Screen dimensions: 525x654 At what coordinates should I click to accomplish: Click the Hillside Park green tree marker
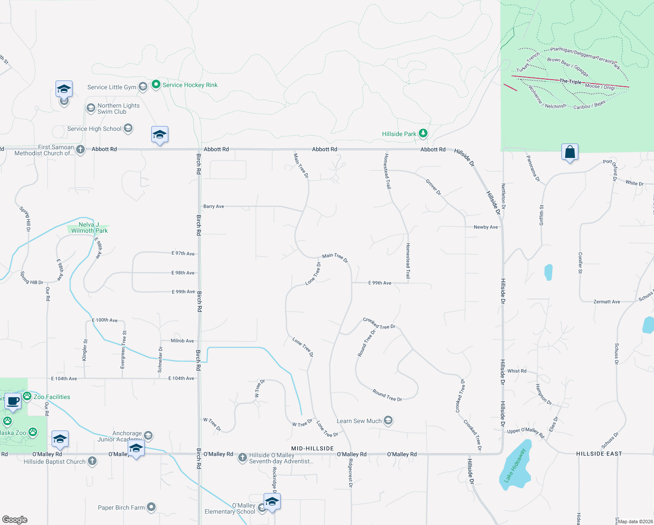coord(423,133)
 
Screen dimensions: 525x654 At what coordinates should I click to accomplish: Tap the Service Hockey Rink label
coord(190,85)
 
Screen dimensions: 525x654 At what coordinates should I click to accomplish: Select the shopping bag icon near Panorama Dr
coord(570,152)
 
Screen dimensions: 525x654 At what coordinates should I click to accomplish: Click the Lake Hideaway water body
coord(515,466)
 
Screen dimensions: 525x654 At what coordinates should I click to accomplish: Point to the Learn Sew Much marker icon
coord(388,421)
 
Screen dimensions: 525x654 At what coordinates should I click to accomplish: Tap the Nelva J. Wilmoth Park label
coord(89,227)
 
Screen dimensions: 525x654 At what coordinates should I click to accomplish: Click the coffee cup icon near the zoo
coord(13,401)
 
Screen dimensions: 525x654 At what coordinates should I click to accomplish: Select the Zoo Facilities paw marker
coord(27,396)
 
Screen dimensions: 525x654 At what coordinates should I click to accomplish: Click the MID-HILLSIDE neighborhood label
coord(313,448)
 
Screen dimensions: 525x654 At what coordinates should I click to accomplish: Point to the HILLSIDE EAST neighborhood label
coord(599,454)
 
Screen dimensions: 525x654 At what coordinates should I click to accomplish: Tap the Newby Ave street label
coord(486,227)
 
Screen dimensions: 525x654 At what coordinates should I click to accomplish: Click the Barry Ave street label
coord(213,206)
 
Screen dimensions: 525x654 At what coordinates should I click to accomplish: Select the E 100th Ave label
coord(104,320)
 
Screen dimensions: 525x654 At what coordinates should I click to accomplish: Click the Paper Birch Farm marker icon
coord(151,507)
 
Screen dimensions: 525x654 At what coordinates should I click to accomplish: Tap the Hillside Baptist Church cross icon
coord(92,461)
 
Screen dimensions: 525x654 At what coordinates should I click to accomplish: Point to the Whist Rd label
coord(517,371)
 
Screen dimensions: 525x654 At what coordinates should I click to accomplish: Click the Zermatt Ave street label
coord(606,302)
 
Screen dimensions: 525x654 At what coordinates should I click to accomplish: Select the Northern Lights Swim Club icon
coord(90,108)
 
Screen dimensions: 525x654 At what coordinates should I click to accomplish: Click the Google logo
coord(15,520)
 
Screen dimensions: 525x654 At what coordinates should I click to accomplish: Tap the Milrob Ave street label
coord(182,341)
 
